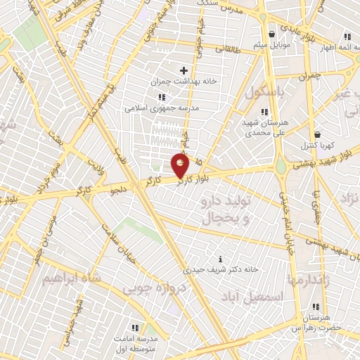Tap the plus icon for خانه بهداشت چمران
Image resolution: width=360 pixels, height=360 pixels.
184,70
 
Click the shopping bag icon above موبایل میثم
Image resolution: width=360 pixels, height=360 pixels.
272,34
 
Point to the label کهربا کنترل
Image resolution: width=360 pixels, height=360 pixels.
316,146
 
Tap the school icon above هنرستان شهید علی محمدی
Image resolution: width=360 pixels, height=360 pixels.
264,112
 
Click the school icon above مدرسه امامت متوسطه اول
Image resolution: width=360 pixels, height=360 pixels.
135,328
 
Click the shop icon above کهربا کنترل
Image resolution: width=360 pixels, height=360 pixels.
317,134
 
